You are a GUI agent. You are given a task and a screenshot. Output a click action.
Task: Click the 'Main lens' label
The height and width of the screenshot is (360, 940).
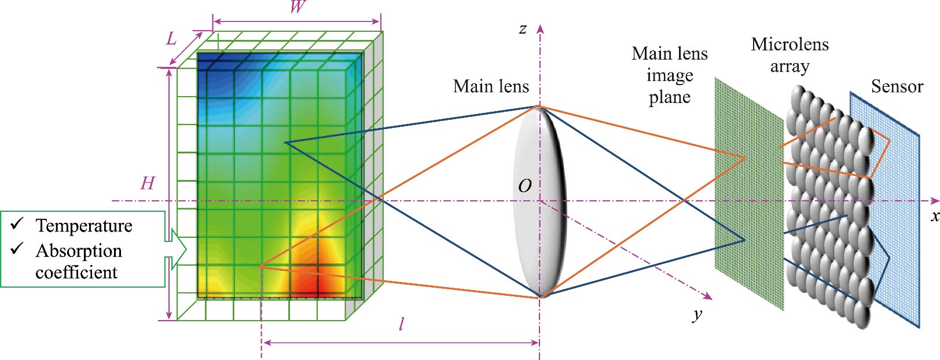tap(491, 87)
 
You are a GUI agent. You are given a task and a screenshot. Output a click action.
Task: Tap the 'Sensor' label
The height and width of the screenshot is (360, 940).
tap(897, 87)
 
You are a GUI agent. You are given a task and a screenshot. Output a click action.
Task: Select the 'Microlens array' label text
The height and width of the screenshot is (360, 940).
tap(790, 55)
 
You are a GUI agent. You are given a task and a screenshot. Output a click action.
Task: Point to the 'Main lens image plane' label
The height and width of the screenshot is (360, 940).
tap(670, 75)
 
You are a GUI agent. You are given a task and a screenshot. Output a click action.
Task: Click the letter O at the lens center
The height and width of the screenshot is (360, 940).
tap(524, 186)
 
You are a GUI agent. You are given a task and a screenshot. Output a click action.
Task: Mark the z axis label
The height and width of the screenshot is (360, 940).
tap(523, 29)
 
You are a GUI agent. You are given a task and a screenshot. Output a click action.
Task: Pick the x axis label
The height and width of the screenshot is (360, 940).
tap(934, 216)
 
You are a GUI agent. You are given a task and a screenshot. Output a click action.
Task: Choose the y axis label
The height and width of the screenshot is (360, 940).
tap(697, 314)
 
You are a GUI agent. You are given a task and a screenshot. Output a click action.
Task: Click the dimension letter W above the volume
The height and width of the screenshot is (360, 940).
tap(297, 7)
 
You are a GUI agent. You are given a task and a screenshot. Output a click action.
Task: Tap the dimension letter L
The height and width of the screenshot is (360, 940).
tap(171, 39)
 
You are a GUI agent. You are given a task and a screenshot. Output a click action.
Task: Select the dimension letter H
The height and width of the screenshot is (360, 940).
tap(148, 183)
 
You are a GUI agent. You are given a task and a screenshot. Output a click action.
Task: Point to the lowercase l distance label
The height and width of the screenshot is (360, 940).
tap(401, 324)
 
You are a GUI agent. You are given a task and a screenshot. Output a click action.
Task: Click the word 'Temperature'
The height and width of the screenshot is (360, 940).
tap(84, 226)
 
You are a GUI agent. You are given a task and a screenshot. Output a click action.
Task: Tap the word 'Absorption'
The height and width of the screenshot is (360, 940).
tap(79, 251)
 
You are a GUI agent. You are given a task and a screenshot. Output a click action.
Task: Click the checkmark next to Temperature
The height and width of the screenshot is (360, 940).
tap(17, 223)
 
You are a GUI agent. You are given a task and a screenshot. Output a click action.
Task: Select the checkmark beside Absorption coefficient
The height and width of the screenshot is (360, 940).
tap(17, 248)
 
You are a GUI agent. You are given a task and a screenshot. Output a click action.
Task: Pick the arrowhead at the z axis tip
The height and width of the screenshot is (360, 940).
tap(540, 29)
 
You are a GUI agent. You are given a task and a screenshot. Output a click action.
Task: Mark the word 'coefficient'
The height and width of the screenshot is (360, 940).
tap(76, 272)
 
